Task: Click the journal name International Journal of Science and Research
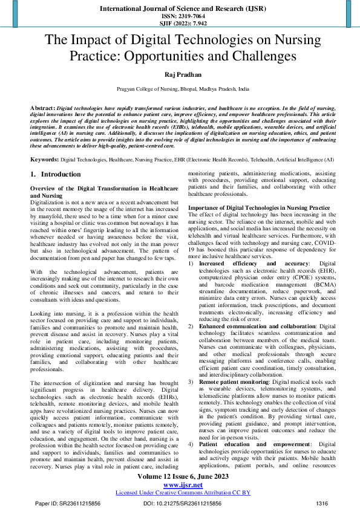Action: (x=179, y=10)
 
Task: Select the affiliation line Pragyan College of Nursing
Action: (x=180, y=88)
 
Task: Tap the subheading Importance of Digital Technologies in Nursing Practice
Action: (x=259, y=207)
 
